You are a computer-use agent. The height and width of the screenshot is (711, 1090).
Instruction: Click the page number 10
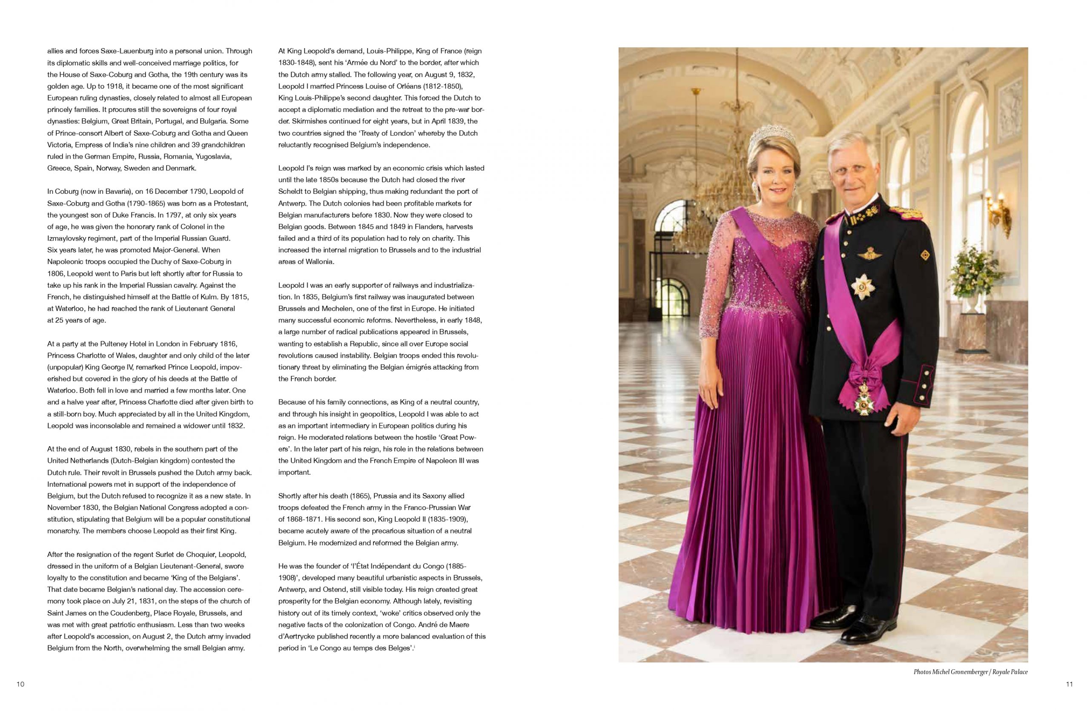click(x=20, y=684)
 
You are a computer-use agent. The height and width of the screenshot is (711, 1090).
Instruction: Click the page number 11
click(x=1070, y=684)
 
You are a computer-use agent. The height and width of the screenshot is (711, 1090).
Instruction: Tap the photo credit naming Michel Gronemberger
click(x=970, y=672)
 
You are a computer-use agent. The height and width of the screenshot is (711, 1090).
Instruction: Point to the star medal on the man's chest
click(x=863, y=287)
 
